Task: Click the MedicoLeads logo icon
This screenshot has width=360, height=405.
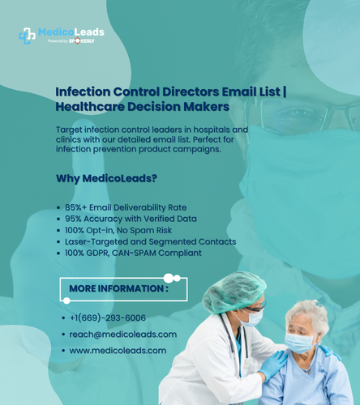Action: [27, 36]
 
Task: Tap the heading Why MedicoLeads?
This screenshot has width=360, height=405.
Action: [105, 178]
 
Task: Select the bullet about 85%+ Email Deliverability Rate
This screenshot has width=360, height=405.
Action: [126, 207]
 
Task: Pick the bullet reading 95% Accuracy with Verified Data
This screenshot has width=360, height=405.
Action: [131, 219]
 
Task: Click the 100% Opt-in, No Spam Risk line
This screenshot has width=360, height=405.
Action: [118, 230]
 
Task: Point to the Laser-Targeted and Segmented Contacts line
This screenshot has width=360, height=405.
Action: [150, 241]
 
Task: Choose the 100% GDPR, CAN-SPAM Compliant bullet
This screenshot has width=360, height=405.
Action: [133, 253]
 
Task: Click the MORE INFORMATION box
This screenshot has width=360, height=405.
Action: [123, 288]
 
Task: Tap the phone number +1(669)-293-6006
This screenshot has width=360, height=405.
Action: [108, 318]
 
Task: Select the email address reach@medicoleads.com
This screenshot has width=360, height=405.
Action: [123, 335]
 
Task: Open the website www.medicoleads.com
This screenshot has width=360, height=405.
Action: [118, 351]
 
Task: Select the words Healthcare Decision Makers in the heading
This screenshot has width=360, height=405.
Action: [142, 107]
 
